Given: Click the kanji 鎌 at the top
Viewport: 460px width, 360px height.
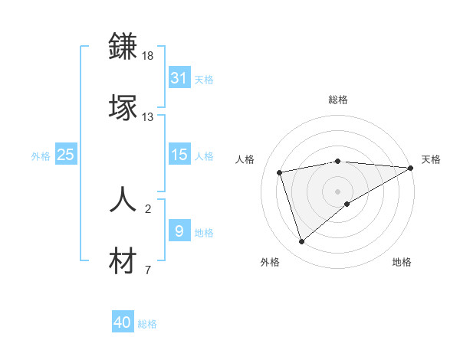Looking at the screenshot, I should [x=123, y=47].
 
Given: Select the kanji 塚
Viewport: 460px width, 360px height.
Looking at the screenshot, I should [x=123, y=107].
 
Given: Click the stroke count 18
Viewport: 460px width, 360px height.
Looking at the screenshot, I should [x=148, y=57].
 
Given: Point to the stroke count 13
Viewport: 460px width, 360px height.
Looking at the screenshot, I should [x=148, y=117].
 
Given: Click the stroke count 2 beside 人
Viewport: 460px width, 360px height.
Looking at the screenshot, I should [x=148, y=208].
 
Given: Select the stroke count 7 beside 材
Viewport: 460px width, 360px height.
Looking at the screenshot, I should [x=148, y=270].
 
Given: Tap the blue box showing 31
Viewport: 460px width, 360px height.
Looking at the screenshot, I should [x=179, y=78].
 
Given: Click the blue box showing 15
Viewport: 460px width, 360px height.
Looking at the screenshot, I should [x=179, y=155].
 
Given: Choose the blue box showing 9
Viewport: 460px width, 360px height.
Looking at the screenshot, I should [x=179, y=231].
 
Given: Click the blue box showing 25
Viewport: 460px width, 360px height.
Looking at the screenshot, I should [x=65, y=155].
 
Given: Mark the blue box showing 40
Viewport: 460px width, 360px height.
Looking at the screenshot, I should [x=123, y=322].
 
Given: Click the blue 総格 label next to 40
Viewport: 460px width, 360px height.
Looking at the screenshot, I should [x=147, y=324].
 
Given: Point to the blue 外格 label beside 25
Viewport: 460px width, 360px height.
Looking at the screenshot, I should [x=41, y=155].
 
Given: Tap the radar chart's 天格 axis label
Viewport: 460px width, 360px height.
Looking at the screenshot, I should [x=431, y=159].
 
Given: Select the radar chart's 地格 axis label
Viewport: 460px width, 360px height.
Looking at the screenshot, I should [x=402, y=262].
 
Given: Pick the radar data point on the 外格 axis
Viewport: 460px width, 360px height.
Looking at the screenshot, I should [x=301, y=242].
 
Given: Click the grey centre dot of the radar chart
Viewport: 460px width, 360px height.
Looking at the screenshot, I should [x=337, y=191].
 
